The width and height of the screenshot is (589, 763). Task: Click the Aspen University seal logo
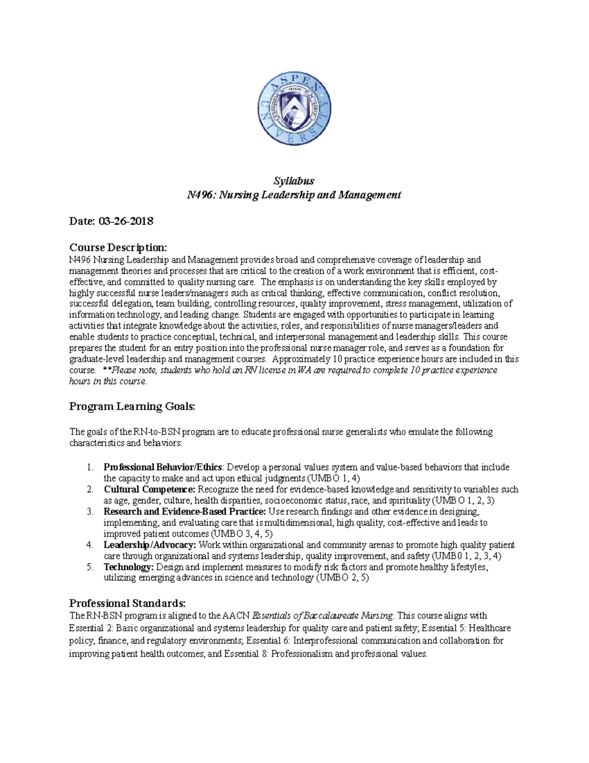tap(294, 109)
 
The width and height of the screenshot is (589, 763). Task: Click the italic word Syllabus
tap(294, 181)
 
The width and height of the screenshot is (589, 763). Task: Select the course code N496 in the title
tap(200, 195)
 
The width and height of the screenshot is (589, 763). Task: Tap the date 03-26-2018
tap(126, 221)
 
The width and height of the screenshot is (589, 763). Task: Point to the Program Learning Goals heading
tap(132, 406)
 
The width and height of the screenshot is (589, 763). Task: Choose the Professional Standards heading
tap(127, 603)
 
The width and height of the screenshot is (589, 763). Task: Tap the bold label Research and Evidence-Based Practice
tap(185, 511)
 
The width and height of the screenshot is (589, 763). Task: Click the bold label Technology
tap(129, 567)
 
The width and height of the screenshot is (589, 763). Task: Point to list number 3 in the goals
tap(90, 511)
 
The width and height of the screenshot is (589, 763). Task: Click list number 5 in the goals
tap(90, 567)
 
